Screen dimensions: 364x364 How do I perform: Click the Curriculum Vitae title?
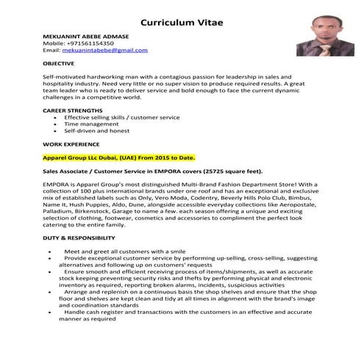[x=182, y=22]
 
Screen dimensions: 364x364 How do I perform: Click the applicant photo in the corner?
[x=324, y=33]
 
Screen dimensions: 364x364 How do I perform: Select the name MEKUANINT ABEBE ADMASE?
[x=85, y=37]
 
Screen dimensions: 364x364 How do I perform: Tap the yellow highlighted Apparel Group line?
[x=119, y=157]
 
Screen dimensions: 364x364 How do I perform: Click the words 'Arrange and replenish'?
[x=99, y=291]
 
